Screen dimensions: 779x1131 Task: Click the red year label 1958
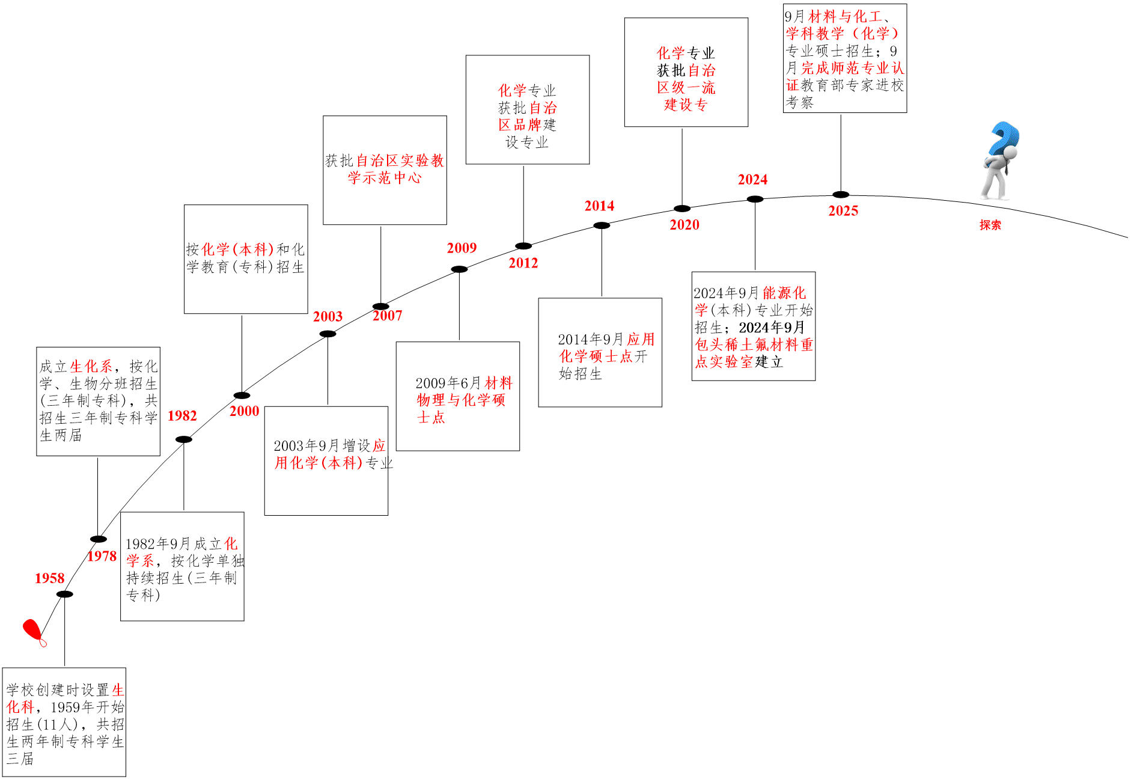[x=49, y=578]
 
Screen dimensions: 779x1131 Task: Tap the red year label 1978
[x=102, y=556]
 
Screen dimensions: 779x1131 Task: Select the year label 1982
[x=182, y=416]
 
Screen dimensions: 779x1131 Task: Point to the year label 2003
[x=328, y=317]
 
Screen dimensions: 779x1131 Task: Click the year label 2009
[x=462, y=248]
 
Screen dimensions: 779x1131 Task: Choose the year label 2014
[x=599, y=206]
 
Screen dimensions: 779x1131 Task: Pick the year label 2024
[x=752, y=180]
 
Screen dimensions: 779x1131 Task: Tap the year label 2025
[x=843, y=211]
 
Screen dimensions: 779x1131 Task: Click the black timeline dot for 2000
[x=242, y=396]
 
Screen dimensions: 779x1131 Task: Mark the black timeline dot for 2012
[x=523, y=246]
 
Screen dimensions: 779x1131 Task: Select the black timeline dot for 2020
[x=682, y=209]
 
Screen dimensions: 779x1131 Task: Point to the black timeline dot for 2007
[x=380, y=307]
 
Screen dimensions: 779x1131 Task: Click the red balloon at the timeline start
[x=32, y=631]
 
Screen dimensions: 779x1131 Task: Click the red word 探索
[x=990, y=225]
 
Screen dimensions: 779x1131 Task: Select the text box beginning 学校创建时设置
[x=64, y=722]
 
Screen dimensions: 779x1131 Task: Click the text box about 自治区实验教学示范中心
[x=385, y=170]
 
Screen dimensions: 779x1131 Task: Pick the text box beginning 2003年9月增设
[x=326, y=460]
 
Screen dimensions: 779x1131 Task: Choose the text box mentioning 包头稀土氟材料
[x=754, y=326]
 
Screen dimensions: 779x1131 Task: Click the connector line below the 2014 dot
[x=602, y=261]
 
